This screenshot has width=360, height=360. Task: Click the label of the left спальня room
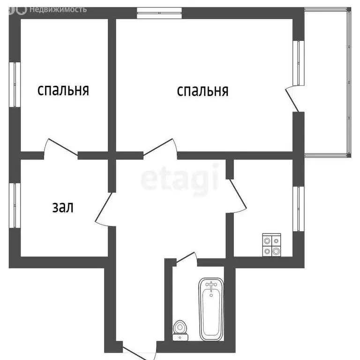63,90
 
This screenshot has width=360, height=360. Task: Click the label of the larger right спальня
202,90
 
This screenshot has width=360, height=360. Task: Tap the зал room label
62,207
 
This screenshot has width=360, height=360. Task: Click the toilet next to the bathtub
179,329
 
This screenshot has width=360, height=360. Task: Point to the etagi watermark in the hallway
180,178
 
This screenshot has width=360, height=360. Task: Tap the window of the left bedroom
14,84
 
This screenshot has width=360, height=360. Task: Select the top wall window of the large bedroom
159,14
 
